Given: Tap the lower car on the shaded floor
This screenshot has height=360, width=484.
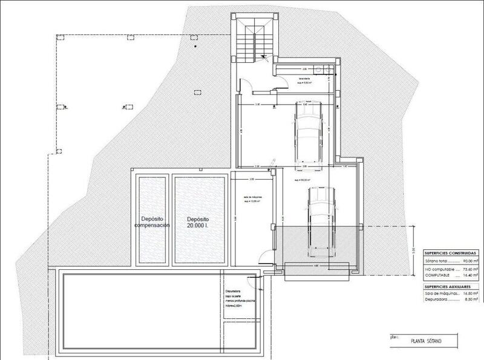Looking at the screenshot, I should click(319, 220).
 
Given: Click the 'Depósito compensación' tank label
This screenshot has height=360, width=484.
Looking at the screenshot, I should click(151, 221).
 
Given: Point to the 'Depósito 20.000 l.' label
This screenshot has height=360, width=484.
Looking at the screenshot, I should click(198, 221).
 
